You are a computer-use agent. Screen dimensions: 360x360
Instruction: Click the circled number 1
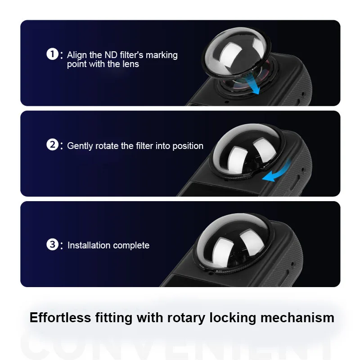tap(52, 54)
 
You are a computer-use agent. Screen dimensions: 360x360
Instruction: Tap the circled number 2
tap(52, 145)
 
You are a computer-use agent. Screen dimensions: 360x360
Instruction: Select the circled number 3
tap(52, 245)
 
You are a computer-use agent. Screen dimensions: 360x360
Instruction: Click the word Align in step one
tap(77, 55)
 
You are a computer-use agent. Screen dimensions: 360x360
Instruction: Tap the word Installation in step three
tap(89, 245)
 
